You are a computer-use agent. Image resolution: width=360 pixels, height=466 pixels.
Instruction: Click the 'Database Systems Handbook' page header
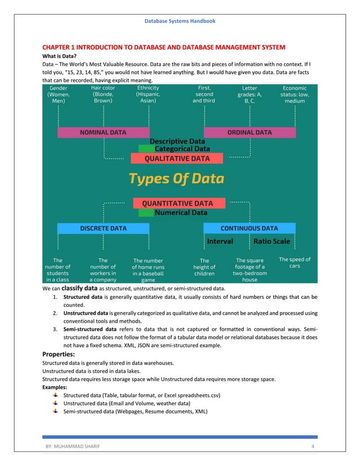179,21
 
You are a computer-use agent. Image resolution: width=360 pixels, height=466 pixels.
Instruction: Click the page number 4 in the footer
312,447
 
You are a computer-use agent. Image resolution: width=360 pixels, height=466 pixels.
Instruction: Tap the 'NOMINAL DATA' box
103,133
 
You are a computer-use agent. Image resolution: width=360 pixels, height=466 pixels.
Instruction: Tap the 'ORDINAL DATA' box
249,133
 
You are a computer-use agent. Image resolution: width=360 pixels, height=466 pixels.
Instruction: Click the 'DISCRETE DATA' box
103,228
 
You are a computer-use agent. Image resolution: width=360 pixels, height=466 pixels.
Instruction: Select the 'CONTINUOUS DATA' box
249,228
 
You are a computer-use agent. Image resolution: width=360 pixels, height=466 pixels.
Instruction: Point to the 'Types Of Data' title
177,179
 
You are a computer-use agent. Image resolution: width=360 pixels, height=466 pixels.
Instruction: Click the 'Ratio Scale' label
271,241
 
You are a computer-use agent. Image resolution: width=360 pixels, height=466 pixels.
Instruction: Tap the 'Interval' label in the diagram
220,241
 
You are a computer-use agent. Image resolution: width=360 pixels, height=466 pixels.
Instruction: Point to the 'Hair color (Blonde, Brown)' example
103,94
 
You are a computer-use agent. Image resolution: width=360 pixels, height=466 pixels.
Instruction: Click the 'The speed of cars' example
295,262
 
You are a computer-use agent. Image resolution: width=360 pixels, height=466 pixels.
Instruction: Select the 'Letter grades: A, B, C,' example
249,94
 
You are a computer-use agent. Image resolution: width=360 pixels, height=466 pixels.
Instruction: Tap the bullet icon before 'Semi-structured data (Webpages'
55,411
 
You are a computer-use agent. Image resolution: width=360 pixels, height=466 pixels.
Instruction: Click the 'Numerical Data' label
181,213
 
